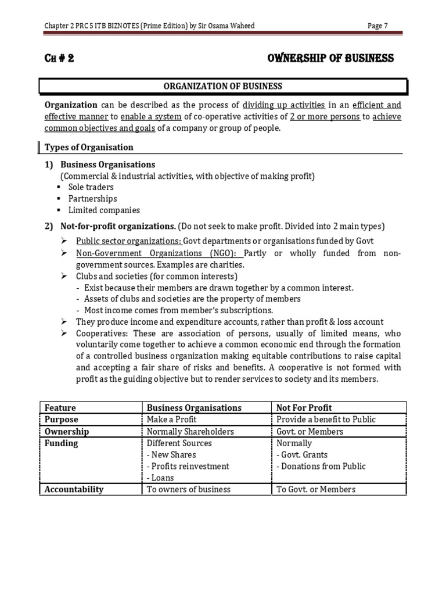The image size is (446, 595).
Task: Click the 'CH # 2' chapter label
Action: point(59,58)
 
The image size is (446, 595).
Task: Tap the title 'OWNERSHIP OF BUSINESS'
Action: point(330,58)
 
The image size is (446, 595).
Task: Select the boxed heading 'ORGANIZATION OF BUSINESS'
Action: point(223,86)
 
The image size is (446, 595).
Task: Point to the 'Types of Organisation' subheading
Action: point(89,147)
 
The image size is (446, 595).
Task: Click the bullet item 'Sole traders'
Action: point(91,187)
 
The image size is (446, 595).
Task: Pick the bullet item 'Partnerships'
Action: point(92,199)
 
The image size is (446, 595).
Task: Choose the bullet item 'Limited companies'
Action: point(104,210)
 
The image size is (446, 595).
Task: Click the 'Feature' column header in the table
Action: point(60,408)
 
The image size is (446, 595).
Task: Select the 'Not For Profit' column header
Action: point(304,408)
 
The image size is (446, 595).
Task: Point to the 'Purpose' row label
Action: point(62,420)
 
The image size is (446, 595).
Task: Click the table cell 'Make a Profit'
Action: point(172,420)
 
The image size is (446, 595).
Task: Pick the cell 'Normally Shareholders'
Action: point(190,432)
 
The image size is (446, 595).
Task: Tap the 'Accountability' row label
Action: point(74,489)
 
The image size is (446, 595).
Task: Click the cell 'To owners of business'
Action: point(189,489)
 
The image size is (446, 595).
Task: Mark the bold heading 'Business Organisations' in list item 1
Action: point(108,164)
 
